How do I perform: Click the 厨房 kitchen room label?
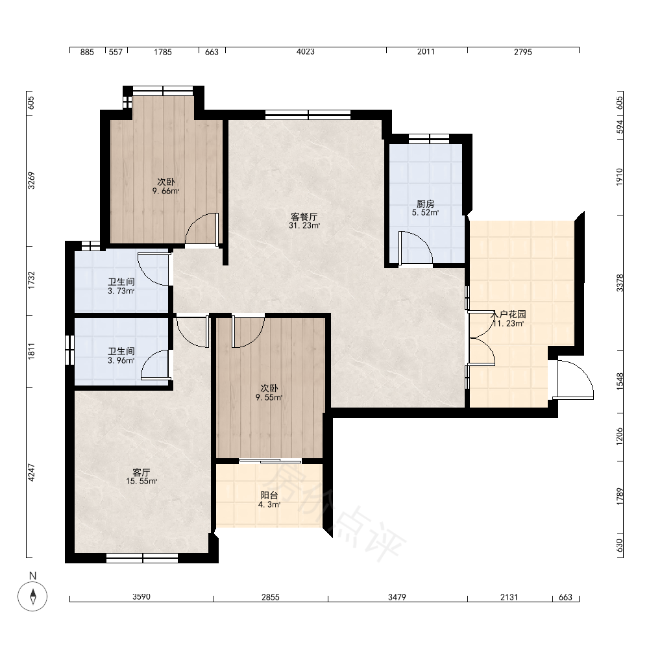point(426,204)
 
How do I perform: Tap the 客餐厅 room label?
point(304,217)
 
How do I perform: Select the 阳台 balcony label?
point(269,495)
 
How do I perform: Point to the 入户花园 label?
point(508,314)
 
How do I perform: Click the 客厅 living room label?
point(141,472)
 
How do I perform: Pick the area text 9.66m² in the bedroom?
point(165,191)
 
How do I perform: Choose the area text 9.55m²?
point(269,397)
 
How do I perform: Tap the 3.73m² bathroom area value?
point(121,291)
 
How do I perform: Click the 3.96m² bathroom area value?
point(121,360)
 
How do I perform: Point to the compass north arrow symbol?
point(32,596)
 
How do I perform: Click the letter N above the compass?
point(32,576)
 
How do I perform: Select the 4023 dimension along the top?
point(306,51)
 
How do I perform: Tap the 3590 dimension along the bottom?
point(141,597)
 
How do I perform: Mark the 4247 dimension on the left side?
point(31,472)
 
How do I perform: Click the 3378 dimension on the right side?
point(620,283)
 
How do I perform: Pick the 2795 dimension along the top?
point(522,52)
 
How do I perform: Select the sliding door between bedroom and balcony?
point(270,461)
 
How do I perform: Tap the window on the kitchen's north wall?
point(429,139)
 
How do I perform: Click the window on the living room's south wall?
point(142,558)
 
